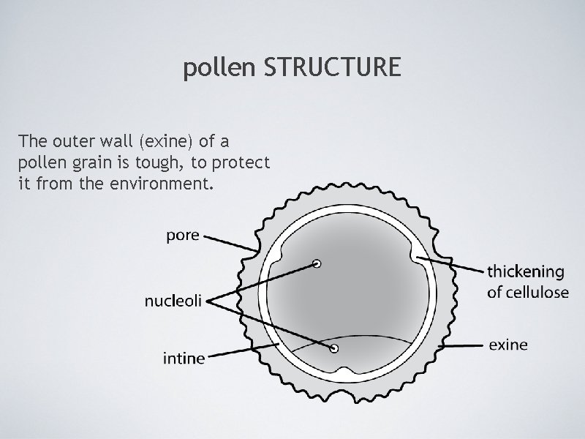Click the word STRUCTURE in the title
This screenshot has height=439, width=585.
pyautogui.click(x=332, y=68)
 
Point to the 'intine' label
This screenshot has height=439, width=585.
pyautogui.click(x=184, y=359)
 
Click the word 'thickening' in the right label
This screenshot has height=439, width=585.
pyautogui.click(x=526, y=272)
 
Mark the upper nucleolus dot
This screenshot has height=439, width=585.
pyautogui.click(x=317, y=263)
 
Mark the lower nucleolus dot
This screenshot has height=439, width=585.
pyautogui.click(x=334, y=348)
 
